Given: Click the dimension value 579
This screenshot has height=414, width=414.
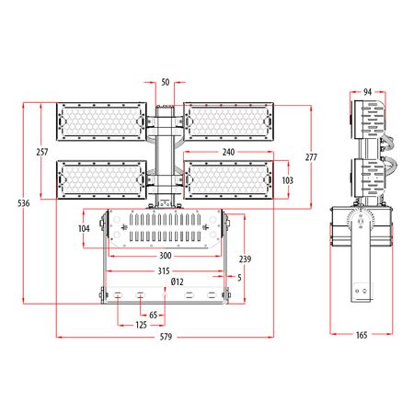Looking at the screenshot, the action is click(x=166, y=337).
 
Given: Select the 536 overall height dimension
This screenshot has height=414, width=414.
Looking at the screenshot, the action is click(x=24, y=203).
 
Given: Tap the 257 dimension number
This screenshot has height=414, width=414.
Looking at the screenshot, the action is click(x=42, y=152).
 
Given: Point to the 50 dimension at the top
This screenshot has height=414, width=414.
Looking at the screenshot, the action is click(x=166, y=82).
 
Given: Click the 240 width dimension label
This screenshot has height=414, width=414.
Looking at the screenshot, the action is click(x=228, y=152).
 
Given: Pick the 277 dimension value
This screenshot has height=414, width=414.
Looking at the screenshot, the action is click(x=311, y=157).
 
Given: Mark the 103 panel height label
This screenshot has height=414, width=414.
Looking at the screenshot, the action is click(x=287, y=180).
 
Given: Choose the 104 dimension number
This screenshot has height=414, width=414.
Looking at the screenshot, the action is click(x=84, y=228).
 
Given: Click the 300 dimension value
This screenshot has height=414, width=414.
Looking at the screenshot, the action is click(x=166, y=256).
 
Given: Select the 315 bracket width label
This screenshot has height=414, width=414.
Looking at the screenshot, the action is click(x=164, y=271).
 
